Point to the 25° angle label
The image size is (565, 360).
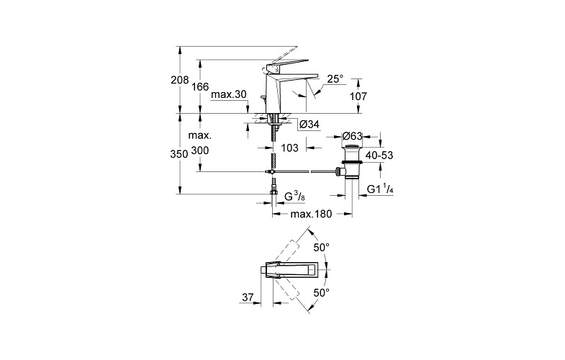click(x=335, y=78)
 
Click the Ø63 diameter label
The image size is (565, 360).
click(x=353, y=135)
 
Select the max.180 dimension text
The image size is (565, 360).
click(x=310, y=215)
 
